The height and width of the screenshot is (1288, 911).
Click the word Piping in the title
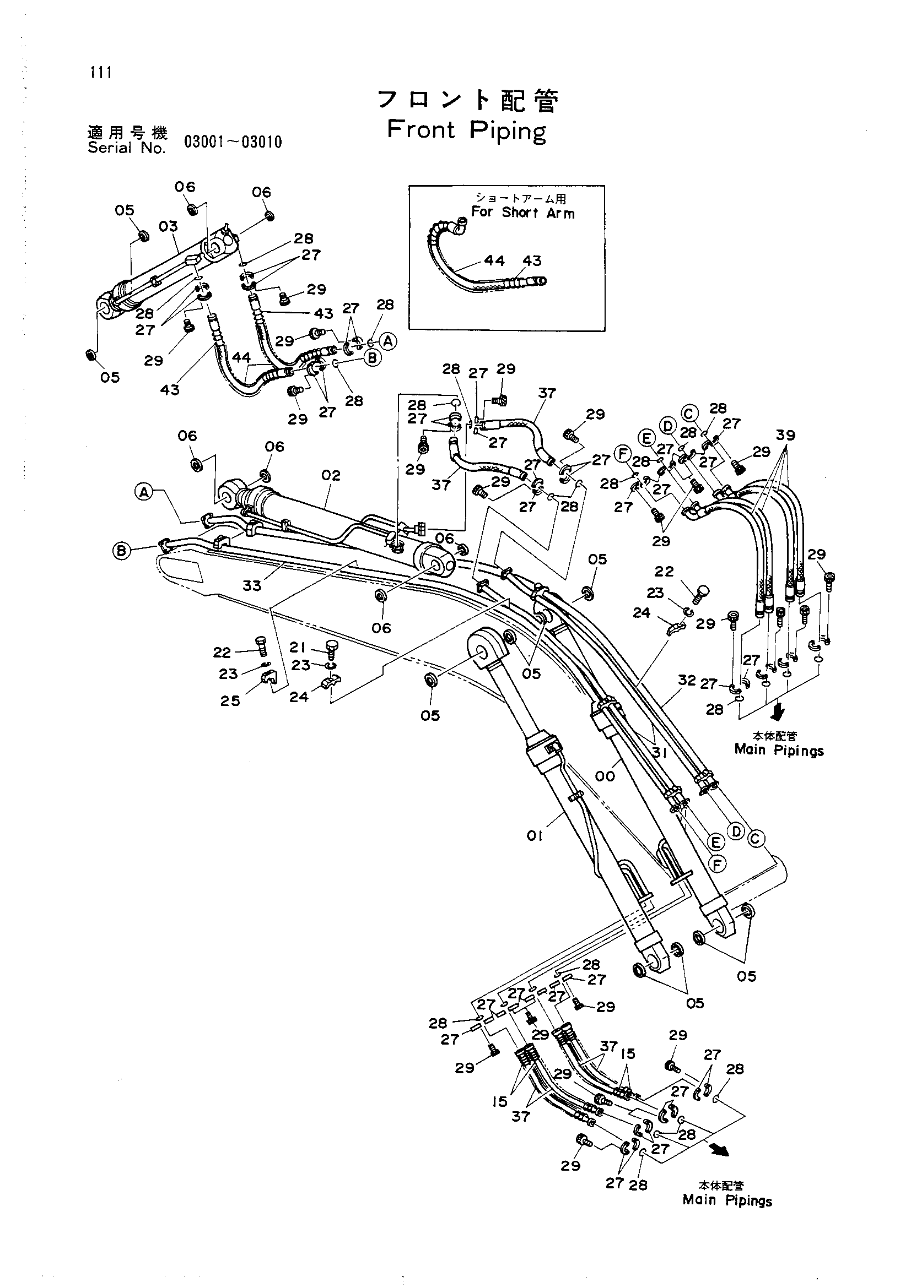508,132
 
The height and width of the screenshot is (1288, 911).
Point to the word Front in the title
421,130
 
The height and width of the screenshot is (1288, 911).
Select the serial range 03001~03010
233,142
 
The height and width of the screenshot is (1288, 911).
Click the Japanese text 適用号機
127,133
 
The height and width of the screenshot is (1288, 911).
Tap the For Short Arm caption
522,213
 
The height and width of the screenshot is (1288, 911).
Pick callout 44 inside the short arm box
494,261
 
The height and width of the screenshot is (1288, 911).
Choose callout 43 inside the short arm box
532,261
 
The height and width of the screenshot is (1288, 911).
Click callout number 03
168,227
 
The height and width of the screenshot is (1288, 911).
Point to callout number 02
331,476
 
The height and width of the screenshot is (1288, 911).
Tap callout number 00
605,776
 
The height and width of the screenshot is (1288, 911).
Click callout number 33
252,586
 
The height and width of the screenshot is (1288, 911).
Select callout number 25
230,700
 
